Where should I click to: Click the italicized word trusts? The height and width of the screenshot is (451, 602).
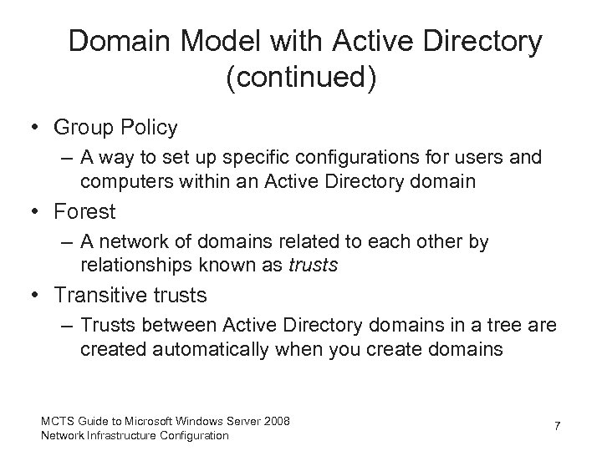tap(313, 266)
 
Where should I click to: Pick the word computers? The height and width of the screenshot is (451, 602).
tap(119, 180)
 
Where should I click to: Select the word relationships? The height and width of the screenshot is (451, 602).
tap(132, 266)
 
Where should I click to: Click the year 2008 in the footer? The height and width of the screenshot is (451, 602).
tap(276, 421)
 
